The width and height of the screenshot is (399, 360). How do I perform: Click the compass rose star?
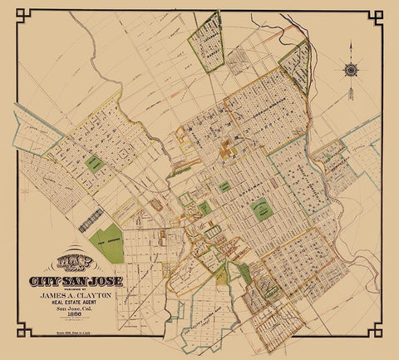350,69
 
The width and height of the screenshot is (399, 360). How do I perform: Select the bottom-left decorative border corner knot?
23,332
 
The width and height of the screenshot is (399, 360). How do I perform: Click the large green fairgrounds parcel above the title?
109,242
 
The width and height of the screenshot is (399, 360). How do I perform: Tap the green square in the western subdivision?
96,163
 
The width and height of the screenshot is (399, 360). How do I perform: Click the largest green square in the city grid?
263,208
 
